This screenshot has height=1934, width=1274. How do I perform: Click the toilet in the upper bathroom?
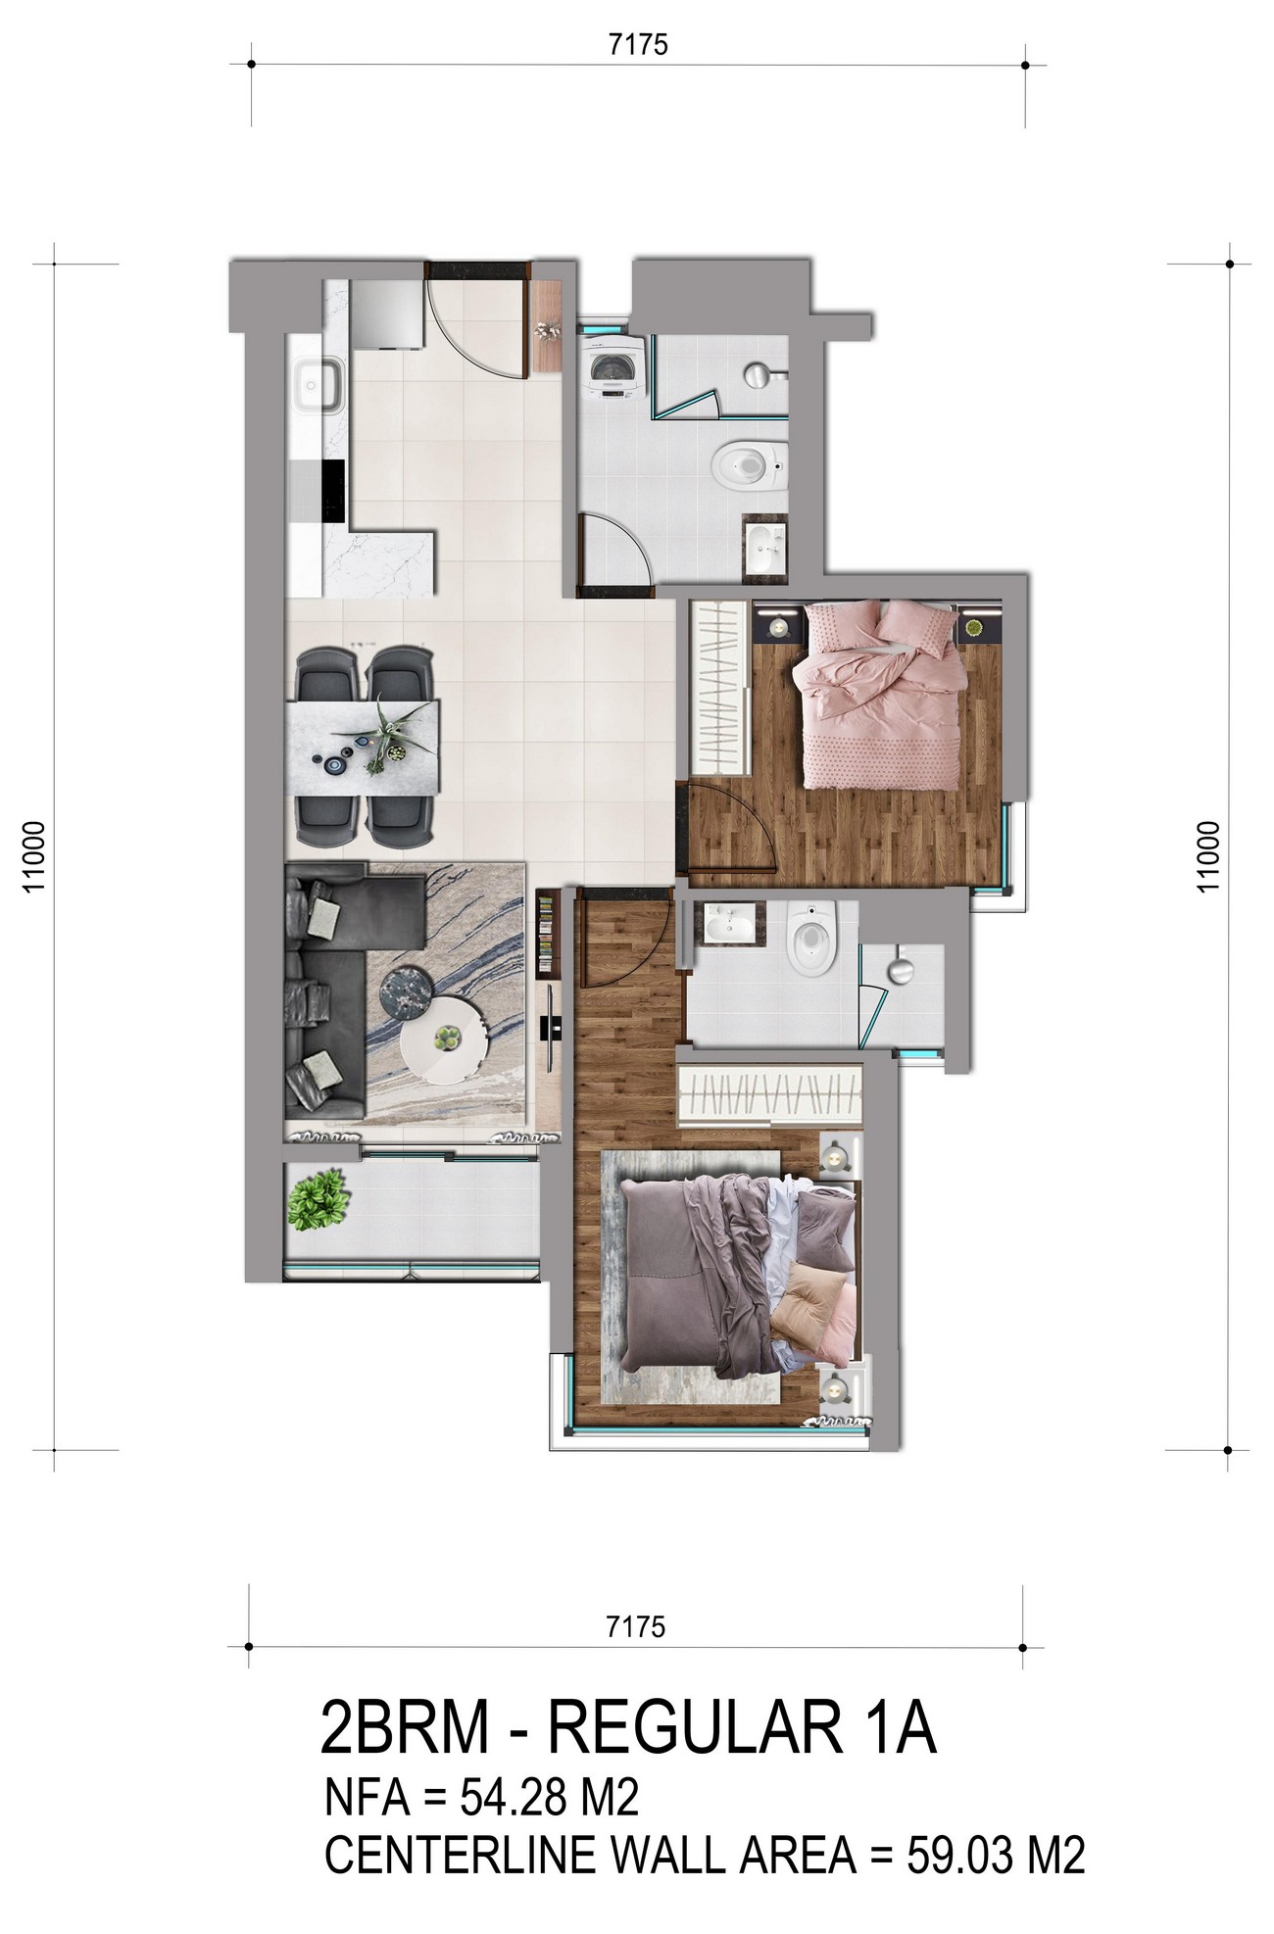point(751,465)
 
